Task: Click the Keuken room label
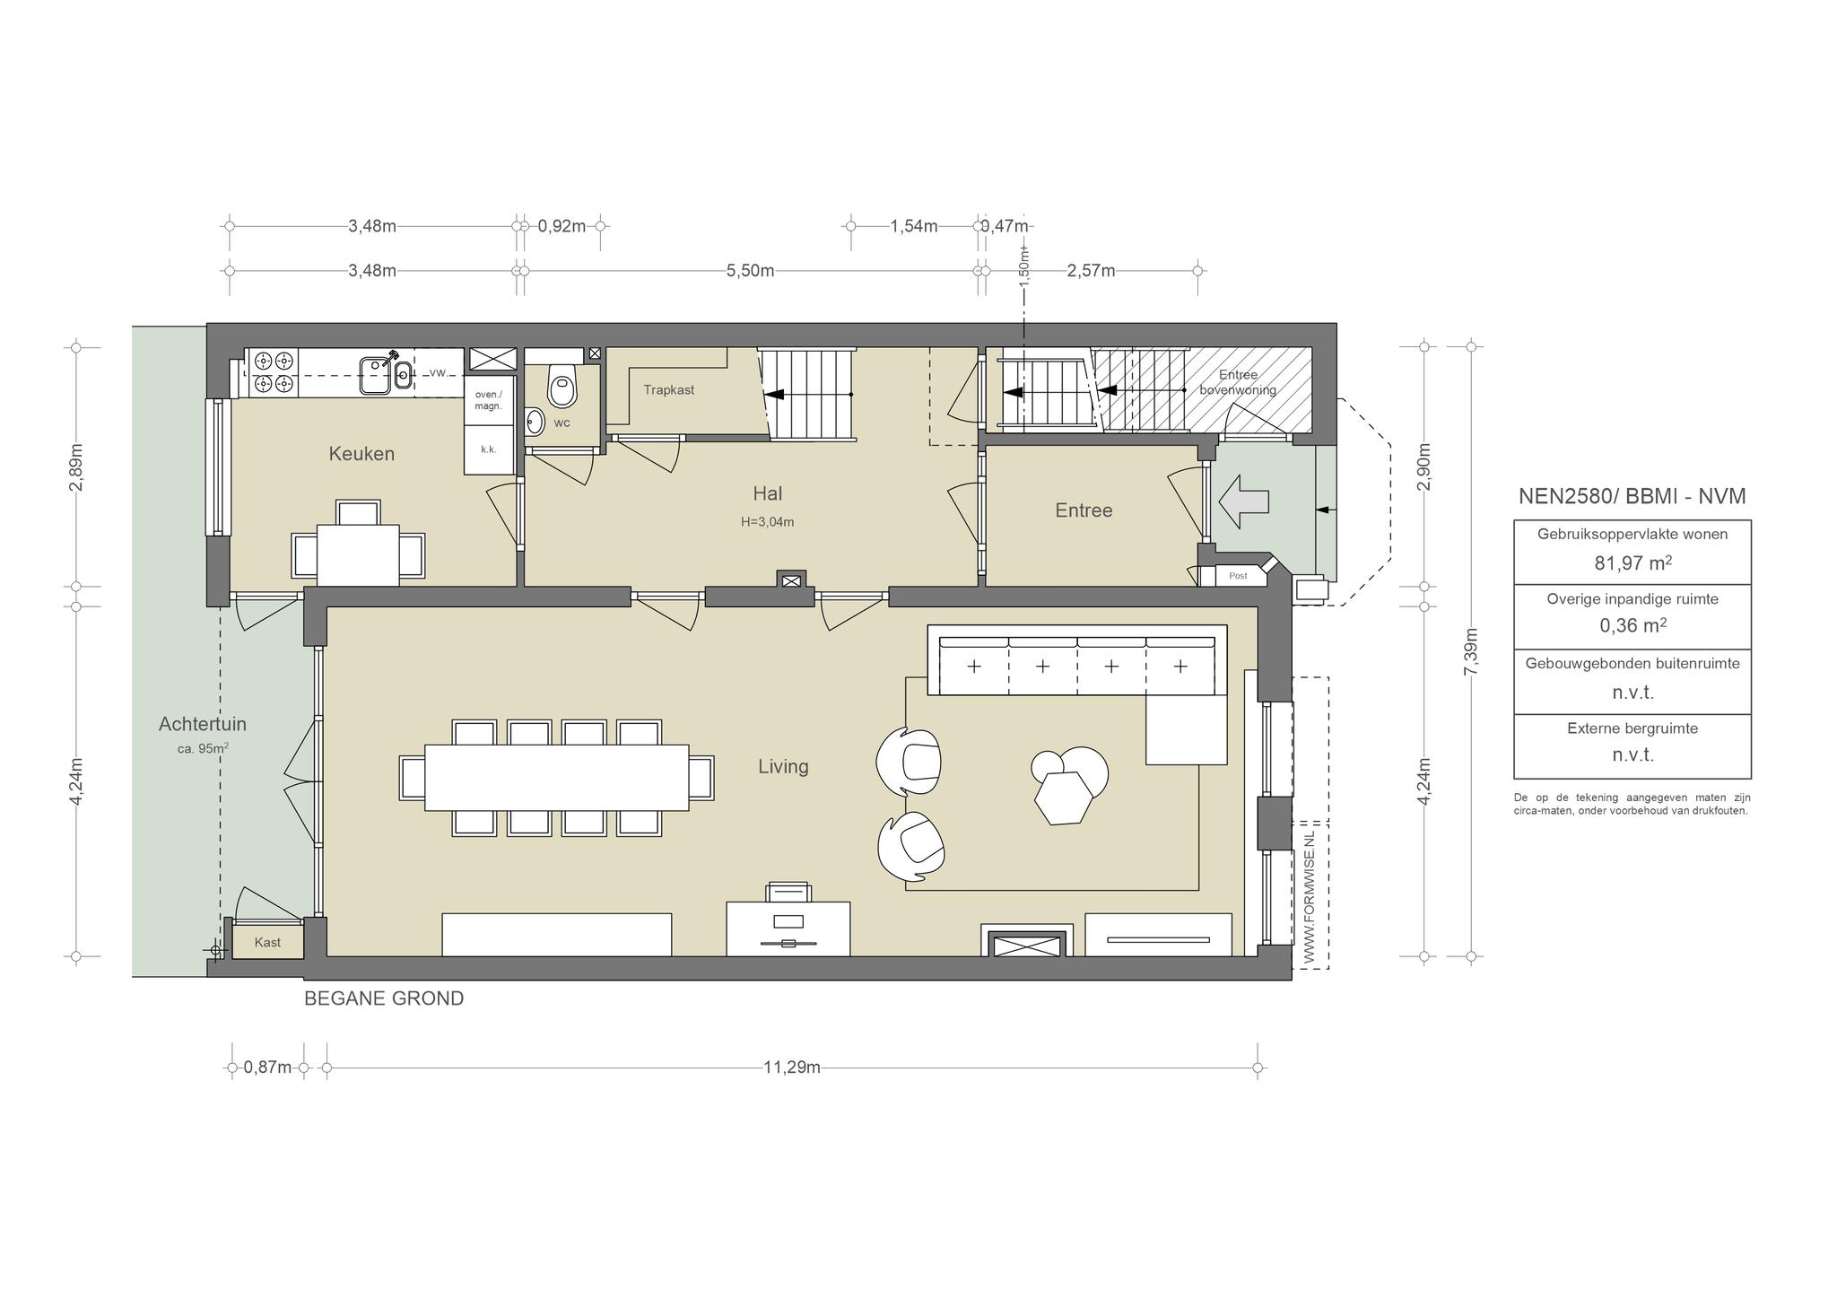tap(361, 454)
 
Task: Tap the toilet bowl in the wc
tap(562, 387)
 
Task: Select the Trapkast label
tap(669, 390)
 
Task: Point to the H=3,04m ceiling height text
tap(768, 522)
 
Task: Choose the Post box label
tap(1238, 576)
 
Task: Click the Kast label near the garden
tap(267, 942)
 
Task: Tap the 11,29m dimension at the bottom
tap(792, 1068)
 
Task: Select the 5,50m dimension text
tap(750, 271)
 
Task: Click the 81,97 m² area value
tap(1632, 563)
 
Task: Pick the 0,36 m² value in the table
tap(1632, 626)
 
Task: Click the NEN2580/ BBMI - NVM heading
tap(1632, 496)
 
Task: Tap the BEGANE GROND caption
tap(384, 998)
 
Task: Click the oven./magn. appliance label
tap(489, 400)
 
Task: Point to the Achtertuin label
tap(203, 724)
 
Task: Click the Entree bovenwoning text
tap(1238, 382)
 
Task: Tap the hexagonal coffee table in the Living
tap(1063, 798)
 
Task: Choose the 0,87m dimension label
tap(267, 1068)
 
